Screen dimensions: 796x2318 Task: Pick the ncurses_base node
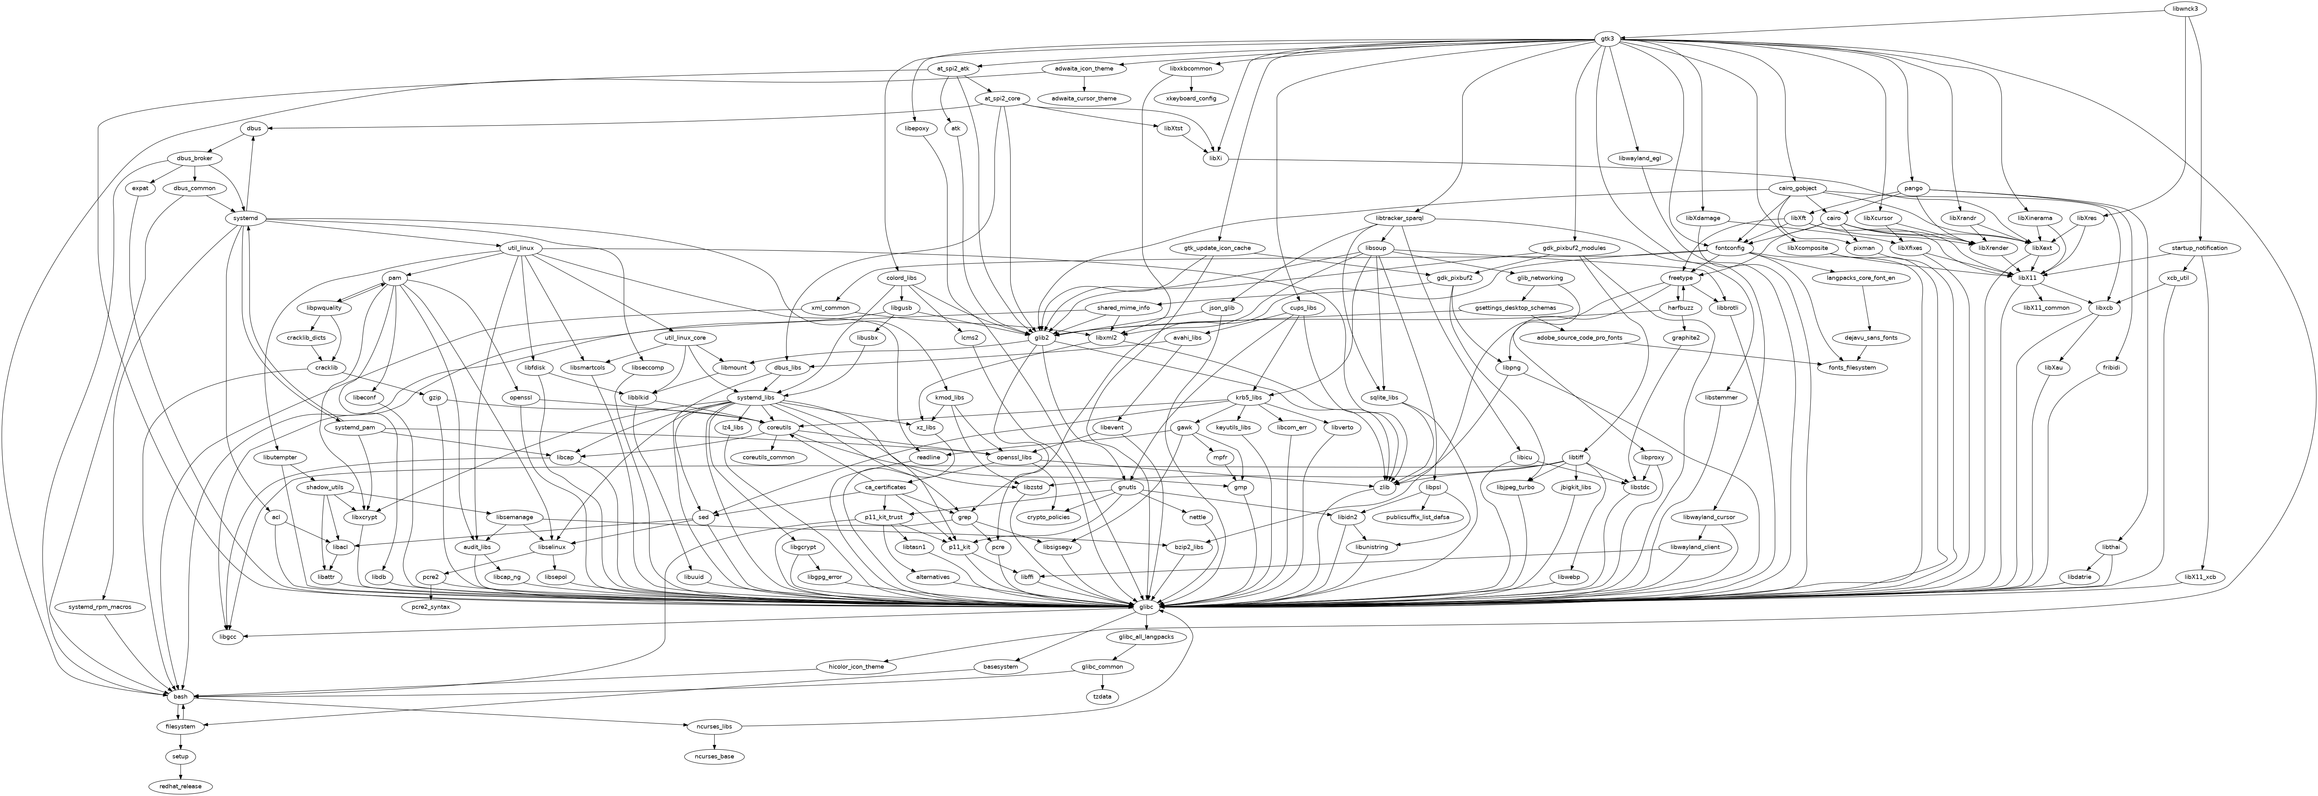click(714, 756)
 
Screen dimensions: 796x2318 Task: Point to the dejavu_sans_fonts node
click(1871, 338)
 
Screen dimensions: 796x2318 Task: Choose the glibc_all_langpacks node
click(1146, 636)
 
